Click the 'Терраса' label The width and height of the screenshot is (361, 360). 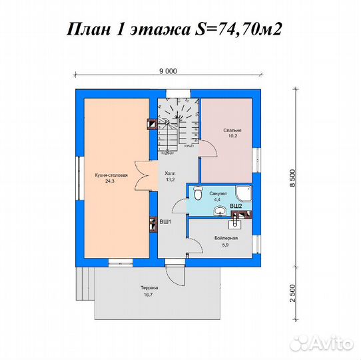(149, 288)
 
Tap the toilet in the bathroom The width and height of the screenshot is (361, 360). (198, 193)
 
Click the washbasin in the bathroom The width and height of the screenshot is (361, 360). (220, 211)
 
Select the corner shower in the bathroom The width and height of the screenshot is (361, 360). (244, 192)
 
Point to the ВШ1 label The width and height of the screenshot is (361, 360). (165, 221)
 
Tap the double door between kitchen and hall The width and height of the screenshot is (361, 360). (142, 175)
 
